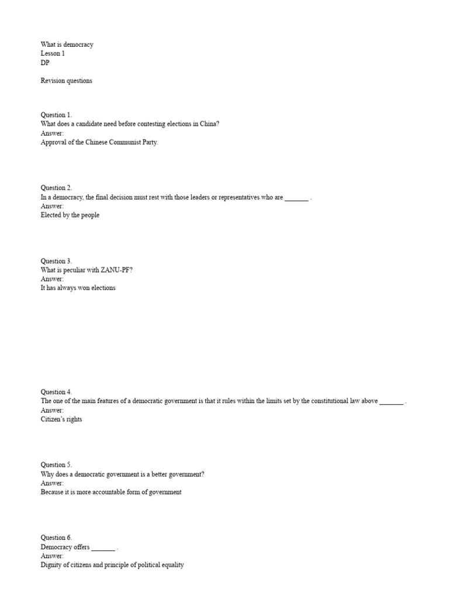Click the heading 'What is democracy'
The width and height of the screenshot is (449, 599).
67,44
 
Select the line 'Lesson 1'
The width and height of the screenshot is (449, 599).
53,53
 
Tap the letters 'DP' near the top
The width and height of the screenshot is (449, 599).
45,63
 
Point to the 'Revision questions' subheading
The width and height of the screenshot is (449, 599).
66,81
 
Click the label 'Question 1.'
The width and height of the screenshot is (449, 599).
56,115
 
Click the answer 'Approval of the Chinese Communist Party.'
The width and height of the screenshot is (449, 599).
99,142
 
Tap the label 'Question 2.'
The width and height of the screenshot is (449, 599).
56,188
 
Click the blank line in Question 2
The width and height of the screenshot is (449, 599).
296,198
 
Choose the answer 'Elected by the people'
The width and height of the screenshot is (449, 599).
70,215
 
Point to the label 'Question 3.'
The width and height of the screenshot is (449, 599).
56,261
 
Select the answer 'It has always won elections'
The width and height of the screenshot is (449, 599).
78,288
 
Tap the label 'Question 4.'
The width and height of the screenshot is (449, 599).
56,392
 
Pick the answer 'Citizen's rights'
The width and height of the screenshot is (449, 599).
61,419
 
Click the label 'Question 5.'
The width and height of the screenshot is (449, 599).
56,465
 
